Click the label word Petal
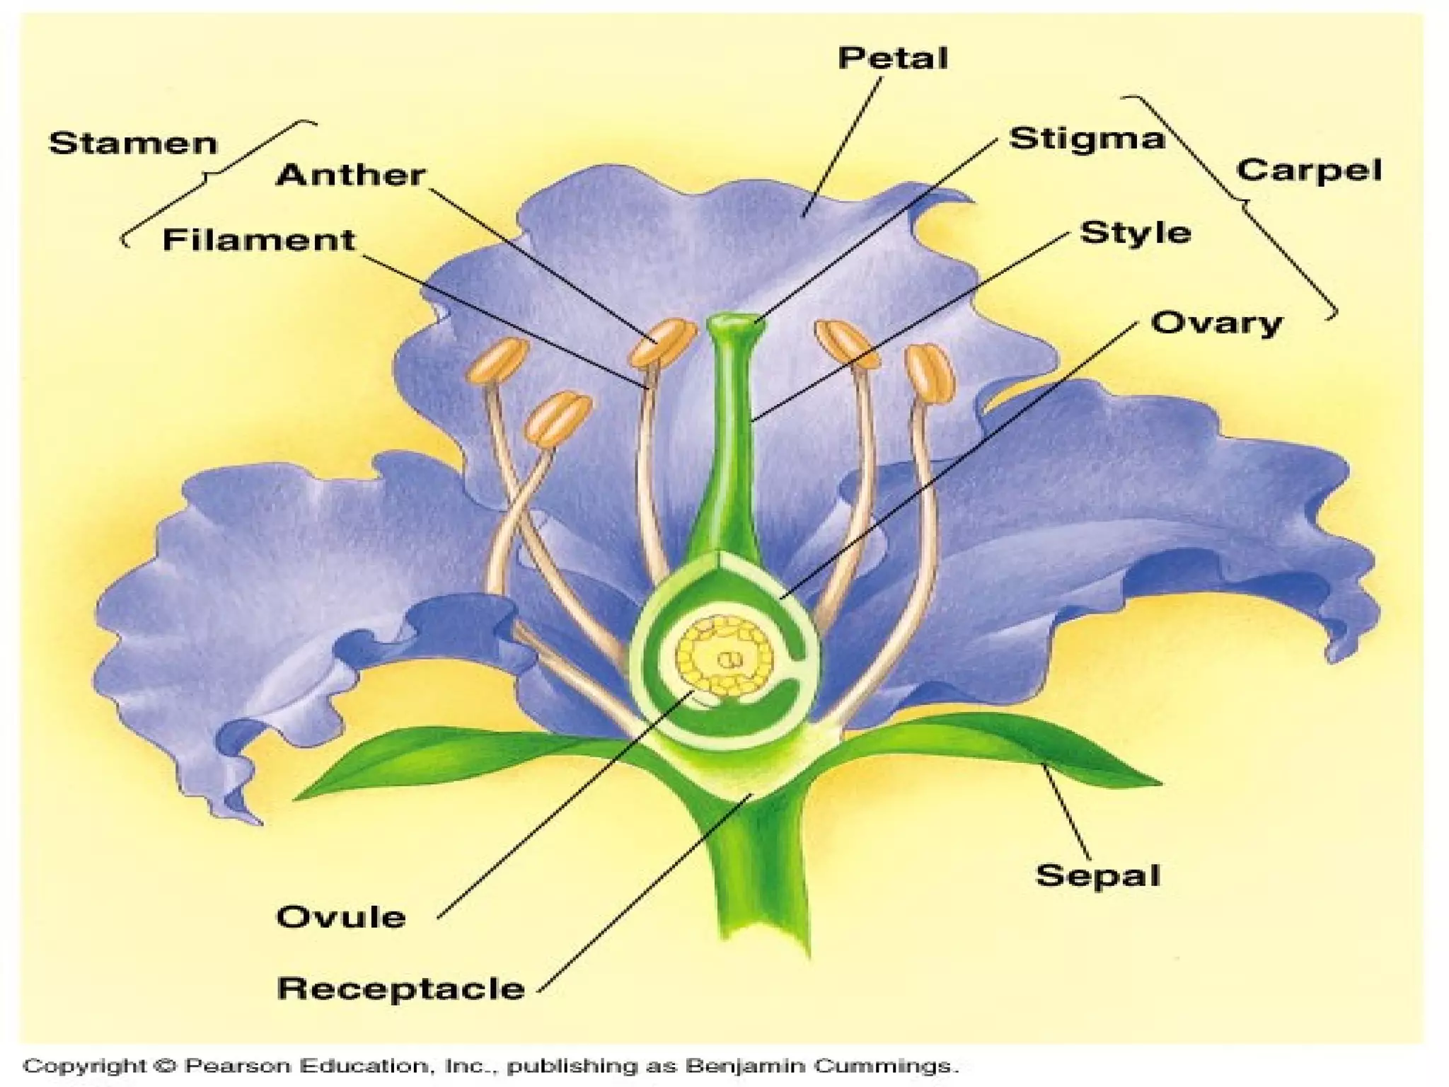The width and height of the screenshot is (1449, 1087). click(892, 58)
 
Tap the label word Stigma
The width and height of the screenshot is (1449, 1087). click(1085, 138)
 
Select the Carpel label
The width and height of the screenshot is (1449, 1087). click(1308, 171)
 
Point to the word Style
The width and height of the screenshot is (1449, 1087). click(1135, 233)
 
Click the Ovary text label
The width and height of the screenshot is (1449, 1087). click(1216, 323)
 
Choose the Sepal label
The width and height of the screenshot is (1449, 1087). click(1097, 875)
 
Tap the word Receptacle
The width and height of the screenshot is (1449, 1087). click(400, 988)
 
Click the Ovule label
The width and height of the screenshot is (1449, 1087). click(340, 917)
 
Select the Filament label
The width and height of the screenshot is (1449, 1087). click(258, 240)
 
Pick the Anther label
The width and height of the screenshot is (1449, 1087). click(350, 175)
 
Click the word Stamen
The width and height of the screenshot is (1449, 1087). click(132, 144)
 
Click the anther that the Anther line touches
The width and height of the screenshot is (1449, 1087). click(662, 342)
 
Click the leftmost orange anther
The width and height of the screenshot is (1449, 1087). click(497, 360)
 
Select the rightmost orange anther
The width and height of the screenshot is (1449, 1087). click(931, 373)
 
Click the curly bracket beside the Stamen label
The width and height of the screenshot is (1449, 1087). click(212, 177)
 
